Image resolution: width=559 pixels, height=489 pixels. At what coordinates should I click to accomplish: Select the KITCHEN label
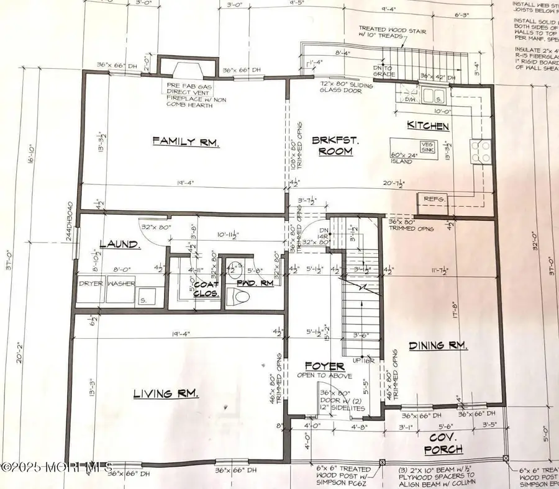(427, 126)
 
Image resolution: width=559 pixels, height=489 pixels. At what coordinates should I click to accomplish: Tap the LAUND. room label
(119, 245)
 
